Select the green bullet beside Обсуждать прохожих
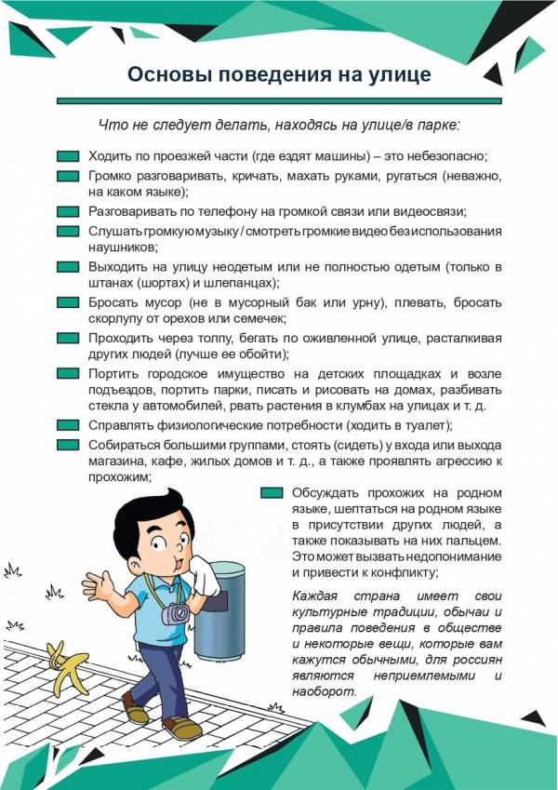tap(272, 492)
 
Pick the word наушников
tap(123, 248)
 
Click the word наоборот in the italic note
tap(324, 692)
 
